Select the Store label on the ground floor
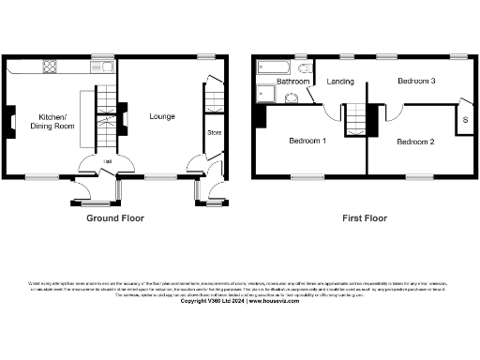click(x=213, y=131)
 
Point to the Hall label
click(x=109, y=161)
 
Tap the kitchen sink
click(x=105, y=67)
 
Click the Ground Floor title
click(x=113, y=217)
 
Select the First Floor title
click(x=364, y=217)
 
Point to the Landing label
click(x=340, y=82)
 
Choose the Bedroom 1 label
click(x=307, y=142)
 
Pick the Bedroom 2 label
click(x=415, y=142)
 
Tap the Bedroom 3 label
click(x=416, y=82)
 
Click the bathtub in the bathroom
click(x=275, y=67)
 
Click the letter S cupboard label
click(x=465, y=122)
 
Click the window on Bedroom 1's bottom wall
click(x=304, y=176)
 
